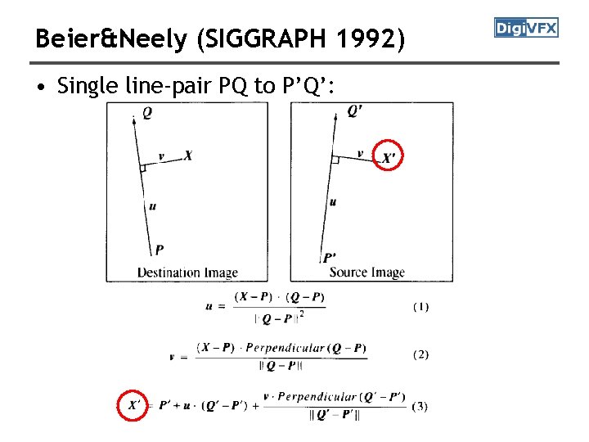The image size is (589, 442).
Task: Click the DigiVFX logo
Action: pyautogui.click(x=526, y=28)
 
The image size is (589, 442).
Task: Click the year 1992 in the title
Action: pyautogui.click(x=371, y=38)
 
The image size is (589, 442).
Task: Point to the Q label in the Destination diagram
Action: pyautogui.click(x=146, y=114)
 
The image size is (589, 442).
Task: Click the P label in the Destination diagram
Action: pyautogui.click(x=159, y=250)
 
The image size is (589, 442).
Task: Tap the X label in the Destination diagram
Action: pyautogui.click(x=188, y=155)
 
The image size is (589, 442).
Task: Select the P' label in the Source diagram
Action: pyautogui.click(x=329, y=258)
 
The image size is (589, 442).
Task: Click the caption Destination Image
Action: pyautogui.click(x=187, y=273)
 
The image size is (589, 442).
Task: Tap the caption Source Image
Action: pyautogui.click(x=366, y=273)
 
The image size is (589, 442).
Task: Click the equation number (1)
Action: pyautogui.click(x=420, y=307)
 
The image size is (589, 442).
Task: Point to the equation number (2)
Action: pyautogui.click(x=420, y=354)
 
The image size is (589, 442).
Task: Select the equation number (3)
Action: pyautogui.click(x=420, y=405)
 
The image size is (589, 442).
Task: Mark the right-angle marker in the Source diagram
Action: pyautogui.click(x=335, y=160)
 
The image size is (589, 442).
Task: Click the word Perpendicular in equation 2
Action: pyautogui.click(x=286, y=348)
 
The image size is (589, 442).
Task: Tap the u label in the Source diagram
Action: pyautogui.click(x=332, y=201)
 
